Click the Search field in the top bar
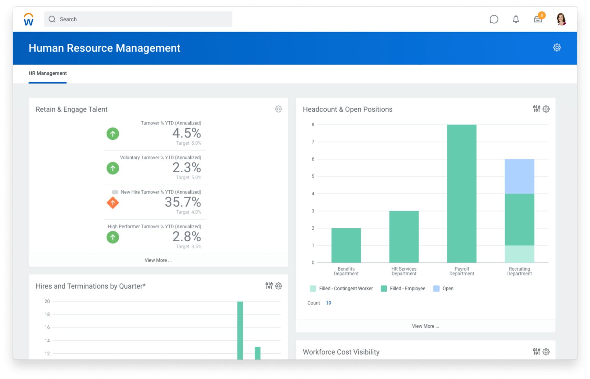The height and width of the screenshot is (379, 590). tap(138, 19)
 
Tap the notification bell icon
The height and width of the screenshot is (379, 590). tap(516, 19)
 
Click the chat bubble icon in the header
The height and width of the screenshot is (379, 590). tap(494, 19)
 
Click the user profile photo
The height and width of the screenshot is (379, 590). tap(561, 19)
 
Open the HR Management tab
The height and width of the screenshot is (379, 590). tap(48, 73)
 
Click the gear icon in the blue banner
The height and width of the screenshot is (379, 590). tap(557, 48)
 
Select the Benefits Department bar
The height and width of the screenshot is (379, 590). tap(346, 245)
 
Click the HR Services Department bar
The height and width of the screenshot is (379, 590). tap(404, 236)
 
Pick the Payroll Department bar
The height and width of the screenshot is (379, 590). tap(462, 193)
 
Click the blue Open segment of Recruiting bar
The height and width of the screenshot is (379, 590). tap(519, 176)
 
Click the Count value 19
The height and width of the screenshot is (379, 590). tap(328, 303)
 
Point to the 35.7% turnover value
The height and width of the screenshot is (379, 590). tap(183, 202)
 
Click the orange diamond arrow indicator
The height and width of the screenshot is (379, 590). tap(113, 203)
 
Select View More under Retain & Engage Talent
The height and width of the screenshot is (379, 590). tap(158, 260)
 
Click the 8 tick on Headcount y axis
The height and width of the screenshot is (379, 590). tap(313, 125)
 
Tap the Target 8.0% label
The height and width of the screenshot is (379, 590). tap(189, 143)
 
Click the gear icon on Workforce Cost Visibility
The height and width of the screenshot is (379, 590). tap(546, 352)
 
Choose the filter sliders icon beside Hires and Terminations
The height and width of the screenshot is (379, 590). tap(269, 286)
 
